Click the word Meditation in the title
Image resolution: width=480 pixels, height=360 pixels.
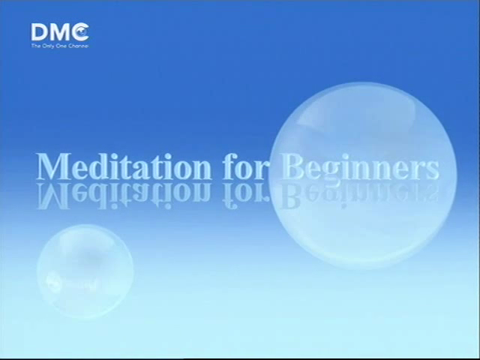[x=124, y=166]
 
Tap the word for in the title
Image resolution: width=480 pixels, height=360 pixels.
[x=246, y=166]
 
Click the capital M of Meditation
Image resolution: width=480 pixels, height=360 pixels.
[x=53, y=166]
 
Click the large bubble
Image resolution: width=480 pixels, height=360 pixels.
[x=363, y=175]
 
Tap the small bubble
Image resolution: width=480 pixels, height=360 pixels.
[x=85, y=271]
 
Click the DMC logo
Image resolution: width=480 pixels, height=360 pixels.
[x=60, y=35]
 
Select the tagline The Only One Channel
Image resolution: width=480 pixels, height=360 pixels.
[x=60, y=46]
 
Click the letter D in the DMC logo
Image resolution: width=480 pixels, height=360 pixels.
[x=40, y=32]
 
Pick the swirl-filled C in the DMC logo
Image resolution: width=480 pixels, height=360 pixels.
[x=80, y=31]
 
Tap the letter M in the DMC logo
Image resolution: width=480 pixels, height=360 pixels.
[x=60, y=32]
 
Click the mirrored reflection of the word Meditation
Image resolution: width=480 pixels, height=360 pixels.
[x=124, y=196]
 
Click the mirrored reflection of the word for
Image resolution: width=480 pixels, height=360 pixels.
[x=246, y=196]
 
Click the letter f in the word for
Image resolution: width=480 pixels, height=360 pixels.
[x=229, y=166]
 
